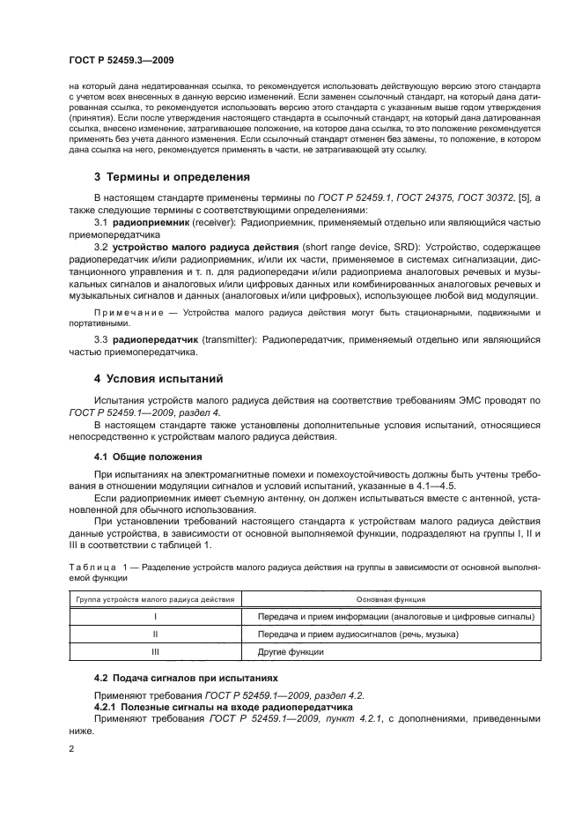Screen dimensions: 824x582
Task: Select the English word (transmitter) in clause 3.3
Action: pyautogui.click(x=210, y=341)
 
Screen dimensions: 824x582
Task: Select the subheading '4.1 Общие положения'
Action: pyautogui.click(x=148, y=457)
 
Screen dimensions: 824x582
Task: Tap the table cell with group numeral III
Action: pyautogui.click(x=155, y=652)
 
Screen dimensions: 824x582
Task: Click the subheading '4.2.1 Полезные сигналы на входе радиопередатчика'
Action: pyautogui.click(x=224, y=707)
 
